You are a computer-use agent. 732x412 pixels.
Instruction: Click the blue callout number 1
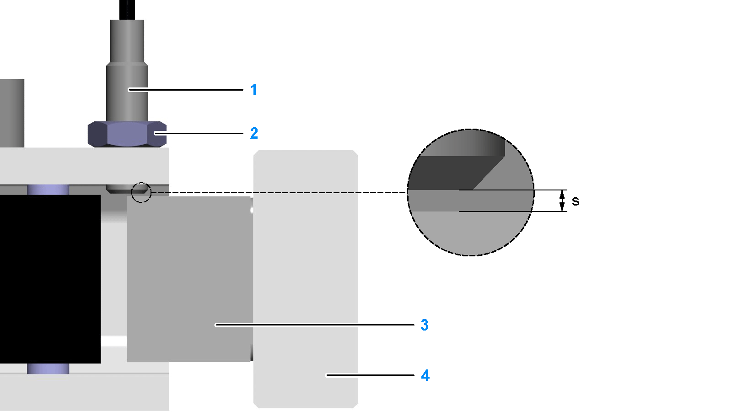pos(253,90)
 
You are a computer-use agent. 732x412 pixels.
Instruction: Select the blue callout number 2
pos(254,133)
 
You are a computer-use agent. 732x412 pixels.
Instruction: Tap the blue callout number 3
pos(425,325)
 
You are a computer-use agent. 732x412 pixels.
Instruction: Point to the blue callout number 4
pos(425,375)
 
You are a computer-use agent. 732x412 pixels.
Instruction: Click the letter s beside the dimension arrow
pos(576,201)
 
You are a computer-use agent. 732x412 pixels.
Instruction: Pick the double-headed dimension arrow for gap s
pos(562,201)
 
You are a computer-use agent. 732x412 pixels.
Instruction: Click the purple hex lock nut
pos(127,134)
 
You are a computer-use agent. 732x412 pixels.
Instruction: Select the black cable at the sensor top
pos(127,9)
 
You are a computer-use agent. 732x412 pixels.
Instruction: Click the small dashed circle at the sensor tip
pos(141,192)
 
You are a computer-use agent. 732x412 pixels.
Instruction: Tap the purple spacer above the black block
pos(48,190)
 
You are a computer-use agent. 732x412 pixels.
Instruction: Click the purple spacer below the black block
pos(48,369)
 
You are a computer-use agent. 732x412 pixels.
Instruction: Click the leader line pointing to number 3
pos(316,325)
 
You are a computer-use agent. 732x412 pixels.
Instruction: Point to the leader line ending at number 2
pos(199,133)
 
